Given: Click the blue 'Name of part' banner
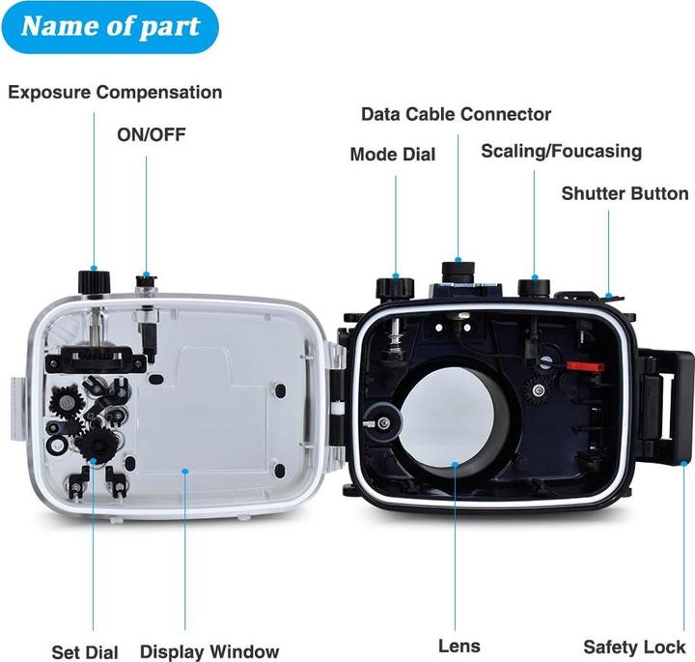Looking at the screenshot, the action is (110, 27).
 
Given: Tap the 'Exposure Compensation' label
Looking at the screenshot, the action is (115, 92).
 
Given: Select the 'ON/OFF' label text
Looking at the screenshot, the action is (152, 135).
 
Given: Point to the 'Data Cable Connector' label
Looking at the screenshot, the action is (456, 114).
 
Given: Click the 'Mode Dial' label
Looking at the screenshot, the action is (393, 155).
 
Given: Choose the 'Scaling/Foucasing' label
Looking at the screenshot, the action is (562, 152).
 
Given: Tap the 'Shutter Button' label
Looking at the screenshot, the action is (625, 193).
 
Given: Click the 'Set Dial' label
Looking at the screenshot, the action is (85, 652).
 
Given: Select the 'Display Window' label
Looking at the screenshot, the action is (209, 651).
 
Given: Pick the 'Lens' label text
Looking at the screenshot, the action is (459, 646).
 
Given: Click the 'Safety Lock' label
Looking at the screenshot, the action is (634, 648).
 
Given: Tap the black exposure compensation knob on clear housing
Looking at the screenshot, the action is (94, 281).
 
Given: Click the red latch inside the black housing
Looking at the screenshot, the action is (586, 366).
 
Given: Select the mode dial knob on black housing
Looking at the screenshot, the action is (395, 287).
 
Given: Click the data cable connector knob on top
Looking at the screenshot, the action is (459, 272).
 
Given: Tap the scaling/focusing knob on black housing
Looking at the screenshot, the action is (534, 287).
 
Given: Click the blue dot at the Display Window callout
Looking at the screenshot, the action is (185, 471).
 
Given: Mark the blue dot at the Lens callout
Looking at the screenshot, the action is (455, 464).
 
